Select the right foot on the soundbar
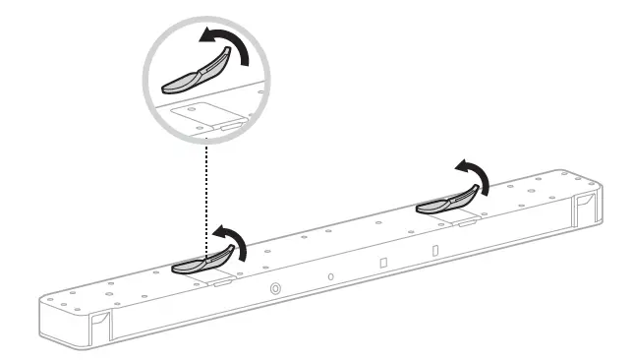(446, 203)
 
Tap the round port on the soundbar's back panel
(274, 288)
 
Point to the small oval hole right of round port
(330, 276)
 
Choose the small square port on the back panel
(383, 264)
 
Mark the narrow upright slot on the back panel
(434, 250)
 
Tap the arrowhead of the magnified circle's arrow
(203, 36)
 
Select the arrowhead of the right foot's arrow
(457, 165)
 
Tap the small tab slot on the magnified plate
(228, 127)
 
